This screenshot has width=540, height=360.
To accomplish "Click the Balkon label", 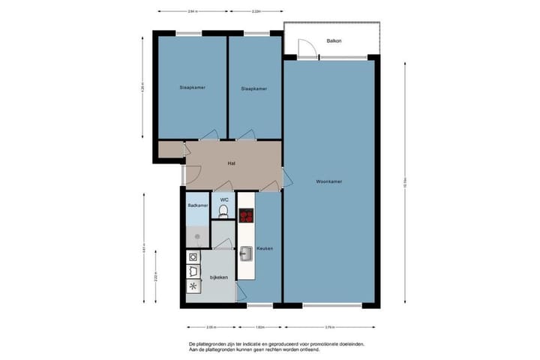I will pos(333,40).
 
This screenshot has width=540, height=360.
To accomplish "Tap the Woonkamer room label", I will pos(329,181).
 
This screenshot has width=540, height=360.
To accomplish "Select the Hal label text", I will pos(232,162).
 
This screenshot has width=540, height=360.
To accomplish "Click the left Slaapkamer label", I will pos(192,88).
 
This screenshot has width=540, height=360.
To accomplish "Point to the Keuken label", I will pos(264,248).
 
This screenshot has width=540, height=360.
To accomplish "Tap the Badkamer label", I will pos(197,204).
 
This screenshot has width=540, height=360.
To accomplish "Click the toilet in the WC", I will pos(223,212).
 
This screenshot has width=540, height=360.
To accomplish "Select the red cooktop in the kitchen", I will pos(246,216).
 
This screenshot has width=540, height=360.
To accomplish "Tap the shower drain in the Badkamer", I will pos(198,235).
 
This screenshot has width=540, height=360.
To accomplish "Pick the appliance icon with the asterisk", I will pos(193,286).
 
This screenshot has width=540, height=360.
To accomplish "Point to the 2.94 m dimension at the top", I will pos(192,12).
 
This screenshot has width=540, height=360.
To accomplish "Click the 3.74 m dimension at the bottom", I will pos(331,328).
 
